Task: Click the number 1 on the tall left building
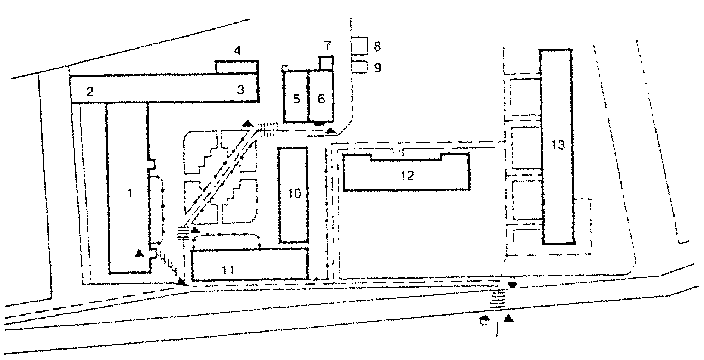pos(130,193)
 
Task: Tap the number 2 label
pos(90,91)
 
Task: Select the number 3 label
pos(241,90)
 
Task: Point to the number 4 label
pos(237,50)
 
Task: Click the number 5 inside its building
pos(297,99)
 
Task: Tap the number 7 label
pos(327,46)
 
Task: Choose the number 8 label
pos(377,47)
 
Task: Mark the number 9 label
pos(377,68)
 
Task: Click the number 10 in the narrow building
pos(295,194)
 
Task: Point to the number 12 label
pos(408,175)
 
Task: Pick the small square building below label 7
pos(326,63)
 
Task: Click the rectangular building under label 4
pos(237,67)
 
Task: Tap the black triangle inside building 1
pos(139,253)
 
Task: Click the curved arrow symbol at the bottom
pos(484,320)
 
